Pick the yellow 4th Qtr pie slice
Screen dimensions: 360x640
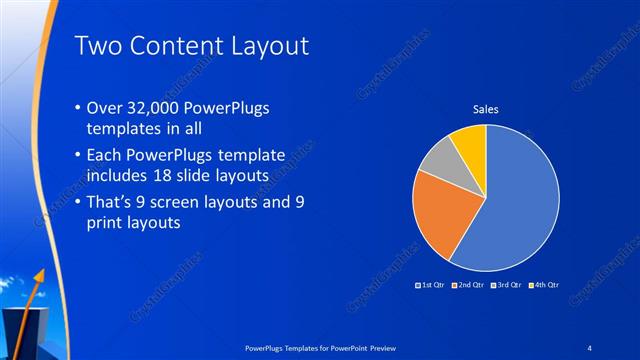point(470,140)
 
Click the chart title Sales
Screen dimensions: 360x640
point(485,109)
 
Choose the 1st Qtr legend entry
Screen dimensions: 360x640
point(432,285)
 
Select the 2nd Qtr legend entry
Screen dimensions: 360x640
point(468,285)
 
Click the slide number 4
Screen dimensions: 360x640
point(590,346)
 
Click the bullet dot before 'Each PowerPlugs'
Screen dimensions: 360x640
point(79,157)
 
